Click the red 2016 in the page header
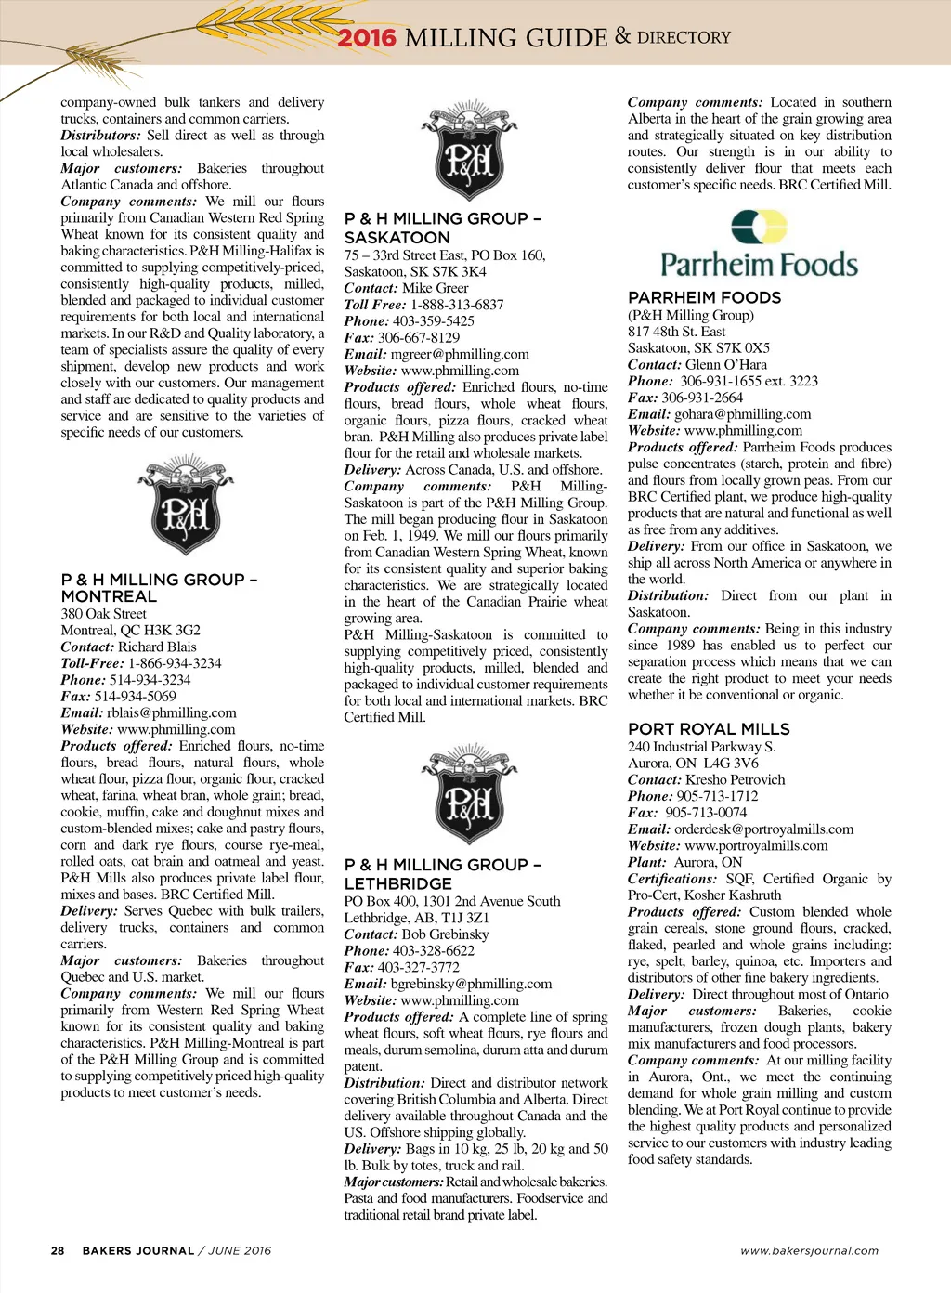(366, 38)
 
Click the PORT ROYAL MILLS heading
(709, 729)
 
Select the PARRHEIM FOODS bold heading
(704, 298)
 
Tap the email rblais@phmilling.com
(172, 713)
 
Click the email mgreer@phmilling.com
(460, 355)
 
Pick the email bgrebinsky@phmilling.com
(471, 985)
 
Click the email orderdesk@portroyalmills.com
(763, 829)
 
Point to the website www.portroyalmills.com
(756, 846)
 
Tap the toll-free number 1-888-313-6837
(457, 305)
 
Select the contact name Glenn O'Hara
(726, 365)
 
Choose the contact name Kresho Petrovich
(735, 780)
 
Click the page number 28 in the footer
(58, 1251)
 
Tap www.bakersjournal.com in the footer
(809, 1251)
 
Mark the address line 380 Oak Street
(104, 614)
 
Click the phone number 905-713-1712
(717, 797)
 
